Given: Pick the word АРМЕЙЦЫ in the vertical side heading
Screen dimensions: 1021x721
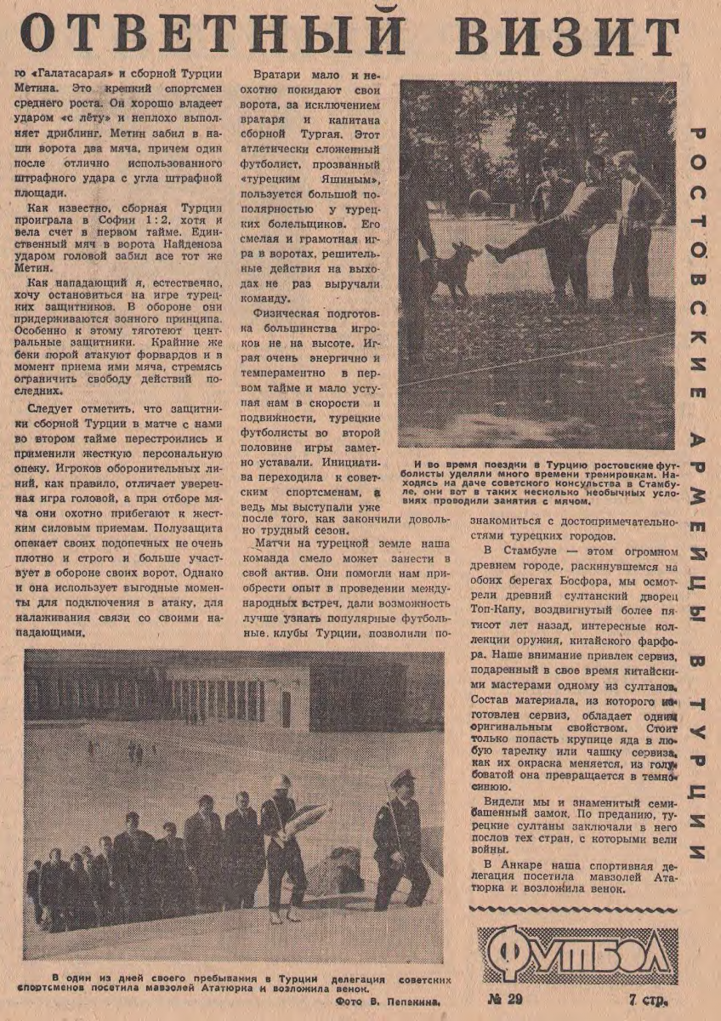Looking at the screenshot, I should [697, 528].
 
